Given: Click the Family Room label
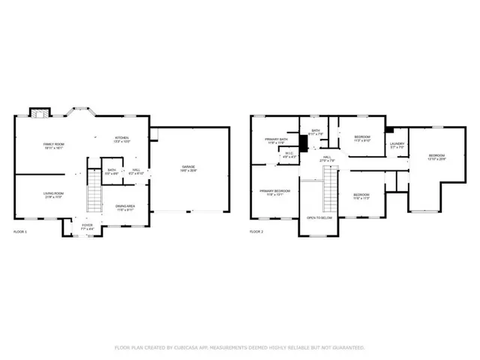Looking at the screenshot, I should pos(53,145).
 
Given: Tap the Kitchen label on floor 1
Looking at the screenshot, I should pos(122,139).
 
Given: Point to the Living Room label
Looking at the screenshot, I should pos(52,194).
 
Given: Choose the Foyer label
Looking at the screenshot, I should pos(88,225).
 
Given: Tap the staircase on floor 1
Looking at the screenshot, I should pos(93,198).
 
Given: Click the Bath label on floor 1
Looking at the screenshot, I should pos(111,171).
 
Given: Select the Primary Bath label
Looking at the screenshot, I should pos(275,141).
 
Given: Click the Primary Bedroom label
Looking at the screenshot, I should pos(275,192).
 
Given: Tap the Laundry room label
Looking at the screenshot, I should pos(397,145).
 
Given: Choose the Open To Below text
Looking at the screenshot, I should pos(319,217).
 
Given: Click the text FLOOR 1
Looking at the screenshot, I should pos(19,232).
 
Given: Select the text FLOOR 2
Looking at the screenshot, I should pos(256,232).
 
